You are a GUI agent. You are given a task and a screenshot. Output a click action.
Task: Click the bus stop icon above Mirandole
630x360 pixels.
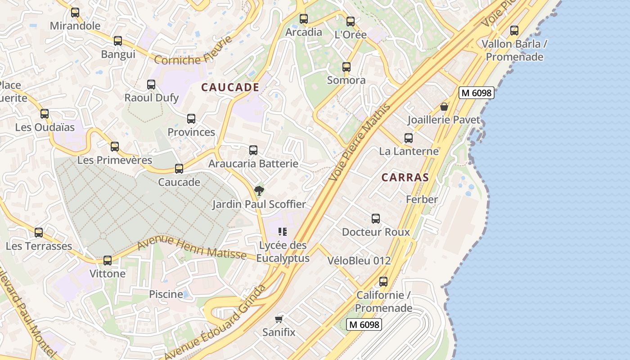75,13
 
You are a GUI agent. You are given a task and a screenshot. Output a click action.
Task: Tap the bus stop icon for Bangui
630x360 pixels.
118,41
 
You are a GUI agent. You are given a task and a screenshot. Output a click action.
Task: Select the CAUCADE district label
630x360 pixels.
230,87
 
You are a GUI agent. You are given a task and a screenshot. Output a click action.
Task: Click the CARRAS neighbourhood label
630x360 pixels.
405,177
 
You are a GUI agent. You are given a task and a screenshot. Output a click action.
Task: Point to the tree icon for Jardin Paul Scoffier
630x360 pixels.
259,191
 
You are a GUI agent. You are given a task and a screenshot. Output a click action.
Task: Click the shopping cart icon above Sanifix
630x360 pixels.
279,319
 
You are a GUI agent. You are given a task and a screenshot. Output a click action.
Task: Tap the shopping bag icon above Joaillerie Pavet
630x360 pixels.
444,107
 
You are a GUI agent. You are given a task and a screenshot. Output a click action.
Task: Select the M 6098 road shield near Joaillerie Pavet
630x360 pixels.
477,93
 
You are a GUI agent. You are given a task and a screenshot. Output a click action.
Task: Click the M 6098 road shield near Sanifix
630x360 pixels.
364,324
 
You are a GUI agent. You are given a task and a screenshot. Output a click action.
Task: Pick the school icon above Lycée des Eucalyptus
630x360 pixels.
283,232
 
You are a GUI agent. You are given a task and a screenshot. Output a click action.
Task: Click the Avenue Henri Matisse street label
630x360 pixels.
192,248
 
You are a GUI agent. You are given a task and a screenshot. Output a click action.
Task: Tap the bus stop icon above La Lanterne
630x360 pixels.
409,138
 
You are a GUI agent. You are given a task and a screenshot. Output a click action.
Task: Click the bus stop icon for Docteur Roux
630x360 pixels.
376,219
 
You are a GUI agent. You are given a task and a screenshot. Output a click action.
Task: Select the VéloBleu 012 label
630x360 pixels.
359,261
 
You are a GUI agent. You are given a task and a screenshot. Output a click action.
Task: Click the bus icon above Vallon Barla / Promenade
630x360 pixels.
514,31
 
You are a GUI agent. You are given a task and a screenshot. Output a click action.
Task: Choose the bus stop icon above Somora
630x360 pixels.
346,67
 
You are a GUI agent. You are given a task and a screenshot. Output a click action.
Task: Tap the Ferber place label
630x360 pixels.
422,199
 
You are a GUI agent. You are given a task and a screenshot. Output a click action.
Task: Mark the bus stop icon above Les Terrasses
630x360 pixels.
39,233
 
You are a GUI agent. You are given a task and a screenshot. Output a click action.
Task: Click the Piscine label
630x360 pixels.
166,294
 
